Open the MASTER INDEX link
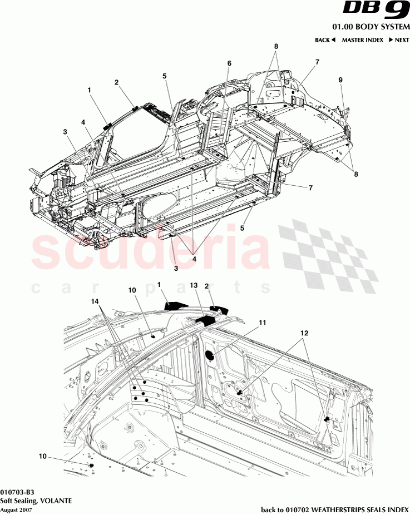362,40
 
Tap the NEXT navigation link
398,40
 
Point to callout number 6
228,63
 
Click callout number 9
340,80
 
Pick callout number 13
194,285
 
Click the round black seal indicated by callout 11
211,355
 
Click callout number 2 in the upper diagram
116,82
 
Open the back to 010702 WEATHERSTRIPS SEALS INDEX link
334,509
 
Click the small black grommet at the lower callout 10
90,464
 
